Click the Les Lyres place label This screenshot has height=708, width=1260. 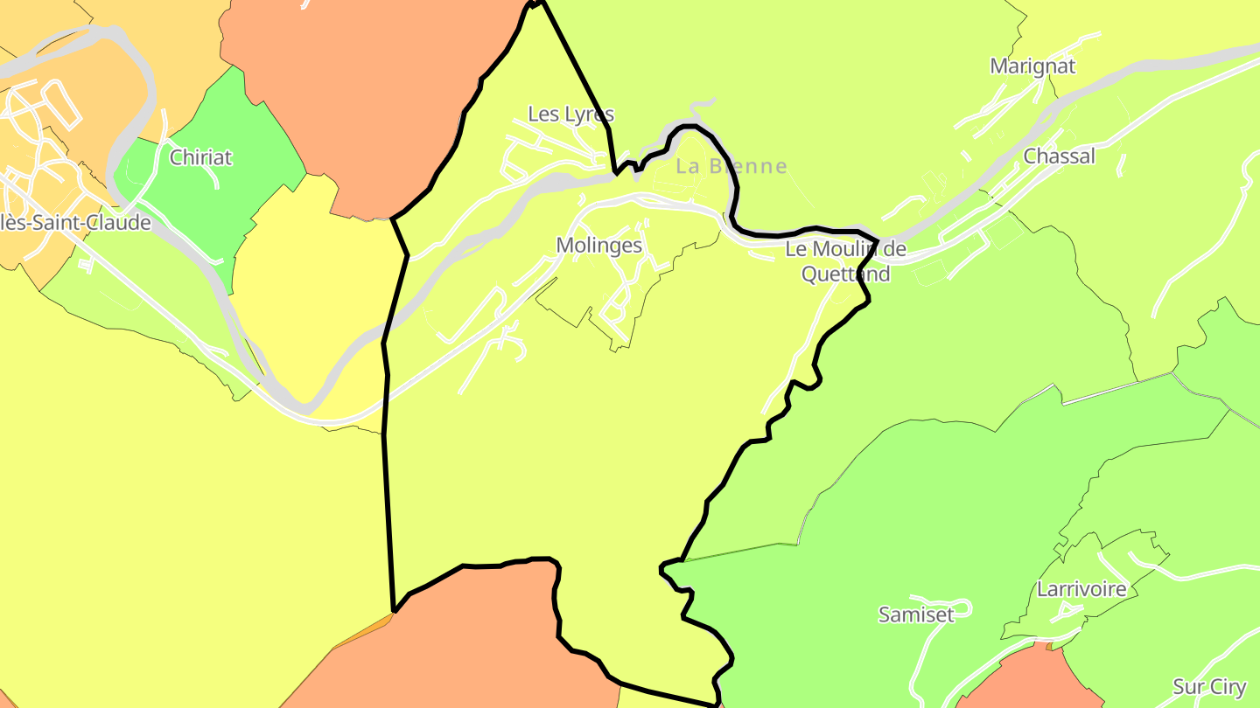pyautogui.click(x=570, y=115)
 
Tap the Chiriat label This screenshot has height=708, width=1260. pyautogui.click(x=201, y=157)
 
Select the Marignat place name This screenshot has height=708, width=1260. pyautogui.click(x=1032, y=66)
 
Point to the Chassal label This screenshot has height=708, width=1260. pyautogui.click(x=1059, y=156)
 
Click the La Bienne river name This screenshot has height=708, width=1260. pyautogui.click(x=731, y=166)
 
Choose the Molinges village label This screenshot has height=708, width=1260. pyautogui.click(x=599, y=246)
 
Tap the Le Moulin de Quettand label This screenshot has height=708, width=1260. pyautogui.click(x=845, y=261)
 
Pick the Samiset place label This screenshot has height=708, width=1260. pyautogui.click(x=916, y=614)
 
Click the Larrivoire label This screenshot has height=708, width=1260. pyautogui.click(x=1081, y=589)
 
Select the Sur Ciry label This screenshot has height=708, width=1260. pyautogui.click(x=1210, y=687)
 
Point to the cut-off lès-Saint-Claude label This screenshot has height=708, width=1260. pyautogui.click(x=75, y=223)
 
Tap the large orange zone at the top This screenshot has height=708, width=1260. pyautogui.click(x=367, y=87)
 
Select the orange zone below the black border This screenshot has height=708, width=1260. pyautogui.click(x=472, y=647)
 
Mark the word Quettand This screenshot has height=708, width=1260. pyautogui.click(x=845, y=274)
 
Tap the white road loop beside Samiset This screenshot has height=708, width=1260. pyautogui.click(x=961, y=606)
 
